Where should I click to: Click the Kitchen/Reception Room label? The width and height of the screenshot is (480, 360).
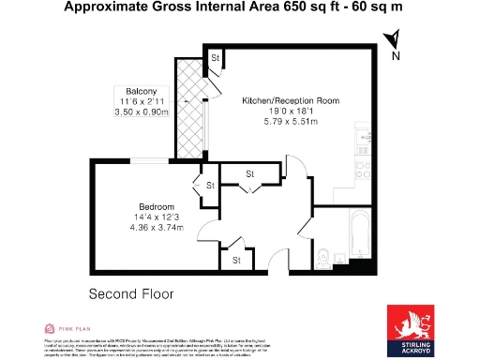290,99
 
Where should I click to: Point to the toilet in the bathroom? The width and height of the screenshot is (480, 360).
322,253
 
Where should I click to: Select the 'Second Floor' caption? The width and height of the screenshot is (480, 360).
131,293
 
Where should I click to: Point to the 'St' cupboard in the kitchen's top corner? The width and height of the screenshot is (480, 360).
216,58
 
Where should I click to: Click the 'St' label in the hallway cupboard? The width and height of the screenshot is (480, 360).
250,174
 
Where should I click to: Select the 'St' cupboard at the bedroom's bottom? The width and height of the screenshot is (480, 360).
236,259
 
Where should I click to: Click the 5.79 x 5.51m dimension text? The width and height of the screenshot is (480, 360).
290,122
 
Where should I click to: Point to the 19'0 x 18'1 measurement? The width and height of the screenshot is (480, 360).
290,111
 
